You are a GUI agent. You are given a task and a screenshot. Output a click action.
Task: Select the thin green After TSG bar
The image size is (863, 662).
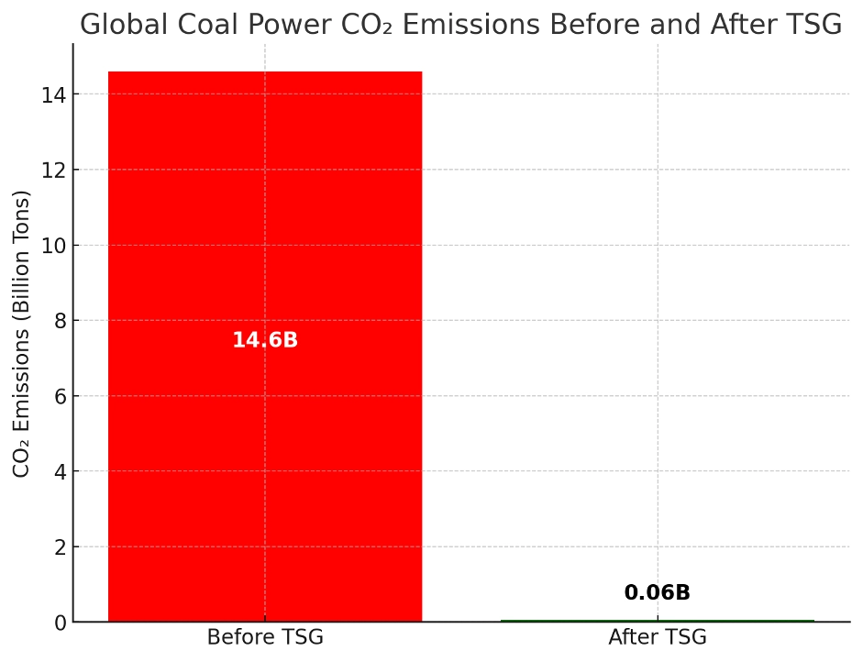[x=657, y=621]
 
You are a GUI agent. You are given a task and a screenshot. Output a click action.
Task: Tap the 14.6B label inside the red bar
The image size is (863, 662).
[x=265, y=340]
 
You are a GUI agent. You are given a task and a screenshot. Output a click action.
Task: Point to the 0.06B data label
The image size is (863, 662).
[x=657, y=593]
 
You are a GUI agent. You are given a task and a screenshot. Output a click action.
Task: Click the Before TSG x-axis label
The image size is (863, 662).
[x=265, y=637]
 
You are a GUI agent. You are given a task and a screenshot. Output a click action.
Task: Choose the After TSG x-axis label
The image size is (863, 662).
[x=657, y=637]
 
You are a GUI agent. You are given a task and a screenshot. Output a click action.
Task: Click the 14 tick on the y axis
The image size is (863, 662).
[x=54, y=94]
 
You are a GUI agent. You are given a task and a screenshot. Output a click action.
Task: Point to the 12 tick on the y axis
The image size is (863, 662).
[x=54, y=170]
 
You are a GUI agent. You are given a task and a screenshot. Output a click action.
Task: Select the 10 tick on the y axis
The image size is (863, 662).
[x=54, y=246]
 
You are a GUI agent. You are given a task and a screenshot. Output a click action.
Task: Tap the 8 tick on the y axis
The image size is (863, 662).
[x=60, y=321]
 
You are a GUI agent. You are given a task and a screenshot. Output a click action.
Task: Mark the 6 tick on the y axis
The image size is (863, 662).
[x=60, y=396]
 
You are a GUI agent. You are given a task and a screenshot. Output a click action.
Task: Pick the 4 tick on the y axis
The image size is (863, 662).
[x=60, y=471]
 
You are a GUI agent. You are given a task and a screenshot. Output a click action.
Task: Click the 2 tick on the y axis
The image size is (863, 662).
[x=60, y=547]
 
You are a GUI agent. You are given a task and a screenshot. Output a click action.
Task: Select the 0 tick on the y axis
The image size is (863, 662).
[x=60, y=623]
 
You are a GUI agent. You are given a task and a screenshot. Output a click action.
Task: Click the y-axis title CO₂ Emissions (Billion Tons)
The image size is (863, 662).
[x=22, y=334]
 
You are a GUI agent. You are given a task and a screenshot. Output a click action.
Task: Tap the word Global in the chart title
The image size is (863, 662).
[x=116, y=26]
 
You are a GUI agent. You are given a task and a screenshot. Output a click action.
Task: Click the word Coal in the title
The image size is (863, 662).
[x=192, y=26]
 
